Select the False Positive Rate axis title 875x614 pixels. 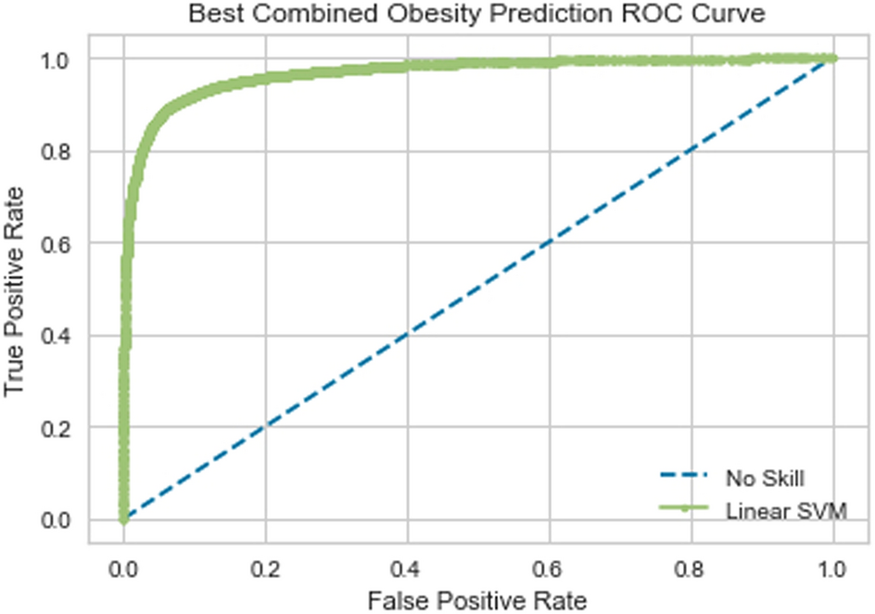[x=477, y=600]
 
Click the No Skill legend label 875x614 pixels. [x=765, y=479]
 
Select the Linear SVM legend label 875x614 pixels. [x=787, y=509]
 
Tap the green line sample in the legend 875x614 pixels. [x=684, y=508]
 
